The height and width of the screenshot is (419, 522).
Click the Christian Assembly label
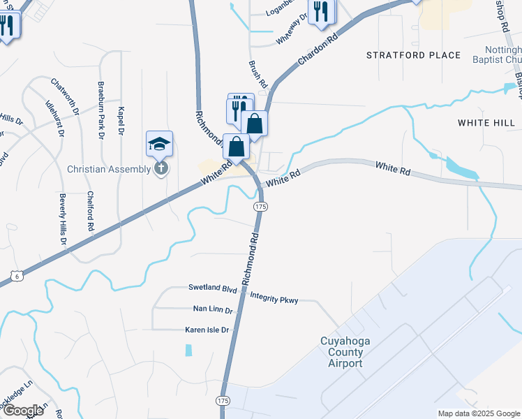click(x=109, y=169)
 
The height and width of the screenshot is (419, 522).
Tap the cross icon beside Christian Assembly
click(x=161, y=168)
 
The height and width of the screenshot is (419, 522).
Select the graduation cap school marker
click(x=159, y=145)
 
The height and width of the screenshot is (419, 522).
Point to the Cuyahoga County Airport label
click(x=341, y=352)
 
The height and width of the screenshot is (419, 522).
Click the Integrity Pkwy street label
click(x=274, y=300)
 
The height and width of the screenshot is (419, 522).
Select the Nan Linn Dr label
click(x=212, y=309)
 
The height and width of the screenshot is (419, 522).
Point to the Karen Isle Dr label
click(x=207, y=330)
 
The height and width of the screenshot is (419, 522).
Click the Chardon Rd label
click(x=317, y=50)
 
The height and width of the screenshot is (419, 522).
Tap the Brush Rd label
click(x=258, y=74)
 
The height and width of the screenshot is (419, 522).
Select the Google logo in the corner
click(x=22, y=410)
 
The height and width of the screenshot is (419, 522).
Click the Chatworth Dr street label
click(x=65, y=97)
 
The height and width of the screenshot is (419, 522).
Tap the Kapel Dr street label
click(x=121, y=120)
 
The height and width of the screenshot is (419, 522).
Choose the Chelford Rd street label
click(x=91, y=212)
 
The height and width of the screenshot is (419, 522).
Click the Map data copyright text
click(x=479, y=413)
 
